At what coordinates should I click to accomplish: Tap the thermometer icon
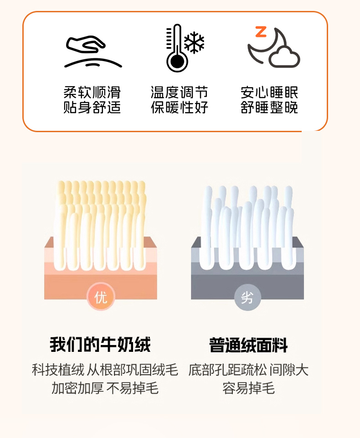[176, 48]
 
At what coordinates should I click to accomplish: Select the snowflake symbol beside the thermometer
[194, 42]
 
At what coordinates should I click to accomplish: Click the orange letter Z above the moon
[261, 32]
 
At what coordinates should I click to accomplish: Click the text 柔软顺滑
[92, 92]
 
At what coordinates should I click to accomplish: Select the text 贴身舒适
[92, 107]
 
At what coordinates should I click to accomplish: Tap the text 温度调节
[180, 92]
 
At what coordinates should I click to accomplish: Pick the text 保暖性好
[180, 107]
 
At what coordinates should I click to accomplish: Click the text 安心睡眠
[269, 92]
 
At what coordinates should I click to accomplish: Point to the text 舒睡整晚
[269, 107]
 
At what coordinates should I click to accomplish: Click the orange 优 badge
[101, 297]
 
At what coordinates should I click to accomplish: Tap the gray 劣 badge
[247, 297]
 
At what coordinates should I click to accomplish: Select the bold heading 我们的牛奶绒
[100, 345]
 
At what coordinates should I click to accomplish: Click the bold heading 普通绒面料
[248, 345]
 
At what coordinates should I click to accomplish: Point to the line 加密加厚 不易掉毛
[105, 388]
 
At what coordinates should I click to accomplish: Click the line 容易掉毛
[248, 388]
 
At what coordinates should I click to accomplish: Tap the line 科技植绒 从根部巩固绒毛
[105, 370]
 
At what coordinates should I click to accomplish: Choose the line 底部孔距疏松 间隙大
[248, 370]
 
